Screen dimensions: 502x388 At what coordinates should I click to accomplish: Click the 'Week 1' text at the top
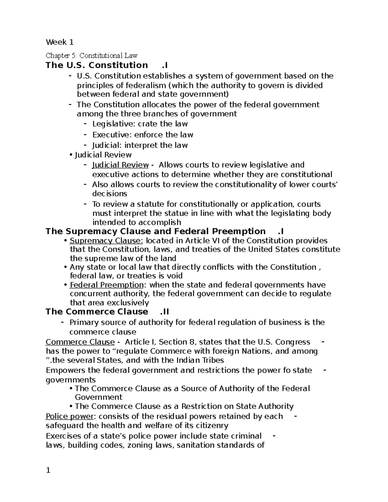[x=60, y=42]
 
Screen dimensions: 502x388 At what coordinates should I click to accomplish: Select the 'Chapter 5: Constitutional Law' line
[x=92, y=56]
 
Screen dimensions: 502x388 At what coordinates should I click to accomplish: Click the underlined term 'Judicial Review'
[x=120, y=165]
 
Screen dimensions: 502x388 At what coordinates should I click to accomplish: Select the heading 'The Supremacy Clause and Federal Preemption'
[x=156, y=231]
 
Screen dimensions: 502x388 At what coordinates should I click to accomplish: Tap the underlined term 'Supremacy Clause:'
[x=106, y=241]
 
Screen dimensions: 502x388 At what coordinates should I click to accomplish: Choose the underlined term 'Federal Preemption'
[x=107, y=285]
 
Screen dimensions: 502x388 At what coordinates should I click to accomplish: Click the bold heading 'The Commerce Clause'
[x=97, y=312]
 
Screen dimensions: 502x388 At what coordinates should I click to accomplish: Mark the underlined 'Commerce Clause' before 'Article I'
[x=80, y=342]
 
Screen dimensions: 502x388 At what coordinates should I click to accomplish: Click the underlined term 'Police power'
[x=67, y=416]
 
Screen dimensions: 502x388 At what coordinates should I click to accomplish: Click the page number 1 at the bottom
[x=48, y=470]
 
